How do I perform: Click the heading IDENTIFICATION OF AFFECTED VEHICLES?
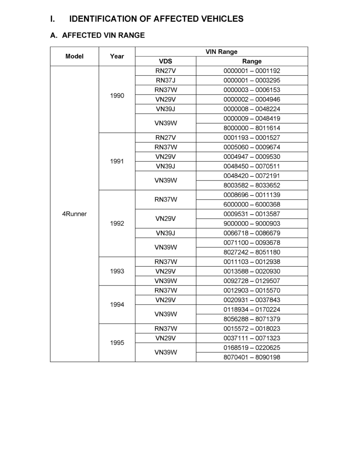(x=156, y=19)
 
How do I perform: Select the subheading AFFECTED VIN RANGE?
(x=103, y=35)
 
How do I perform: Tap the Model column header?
(x=75, y=56)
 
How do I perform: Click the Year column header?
(x=117, y=56)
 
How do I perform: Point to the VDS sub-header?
(x=165, y=61)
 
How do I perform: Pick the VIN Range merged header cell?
(x=221, y=52)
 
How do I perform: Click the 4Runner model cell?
(x=75, y=214)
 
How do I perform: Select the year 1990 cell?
(x=117, y=96)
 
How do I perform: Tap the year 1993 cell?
(x=117, y=271)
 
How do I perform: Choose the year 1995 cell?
(x=117, y=343)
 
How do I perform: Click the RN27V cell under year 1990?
(x=165, y=71)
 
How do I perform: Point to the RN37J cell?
(x=165, y=80)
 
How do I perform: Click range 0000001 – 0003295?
(x=252, y=80)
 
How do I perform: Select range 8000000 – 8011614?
(x=252, y=128)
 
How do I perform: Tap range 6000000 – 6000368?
(x=252, y=204)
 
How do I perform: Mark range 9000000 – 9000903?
(x=252, y=224)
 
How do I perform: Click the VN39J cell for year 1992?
(x=165, y=233)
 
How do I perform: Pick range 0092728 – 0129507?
(x=252, y=281)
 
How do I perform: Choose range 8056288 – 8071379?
(x=252, y=319)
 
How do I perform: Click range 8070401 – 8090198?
(x=252, y=357)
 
